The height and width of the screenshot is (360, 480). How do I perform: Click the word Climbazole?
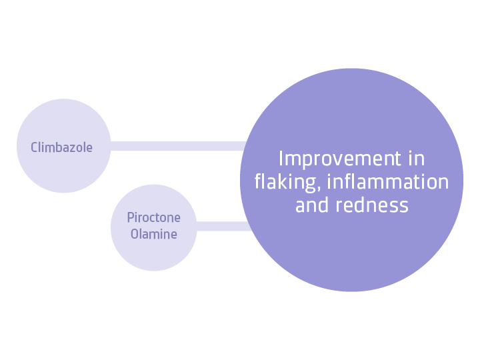coord(61,147)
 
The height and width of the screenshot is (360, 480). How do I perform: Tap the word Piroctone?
coord(153,218)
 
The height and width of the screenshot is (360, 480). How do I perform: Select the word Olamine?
coord(153,234)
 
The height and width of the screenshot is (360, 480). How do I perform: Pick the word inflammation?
coord(388,182)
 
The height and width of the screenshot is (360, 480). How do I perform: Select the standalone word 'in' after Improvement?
coord(417,159)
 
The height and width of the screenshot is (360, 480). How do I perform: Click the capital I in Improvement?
coord(281,159)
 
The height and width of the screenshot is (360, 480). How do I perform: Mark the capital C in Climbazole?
coord(34,147)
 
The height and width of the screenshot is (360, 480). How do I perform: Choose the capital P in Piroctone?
coord(130,218)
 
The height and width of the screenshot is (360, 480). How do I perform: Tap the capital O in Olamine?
coord(134,234)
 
